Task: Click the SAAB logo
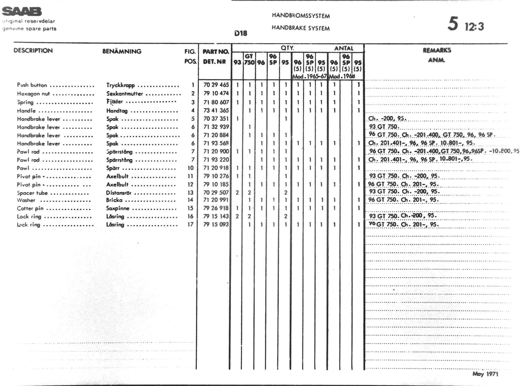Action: coord(22,11)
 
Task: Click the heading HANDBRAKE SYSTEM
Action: coord(300,28)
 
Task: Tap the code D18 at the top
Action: coord(241,33)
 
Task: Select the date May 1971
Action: coord(485,374)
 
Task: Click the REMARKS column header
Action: coord(437,51)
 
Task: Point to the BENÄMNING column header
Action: coord(122,51)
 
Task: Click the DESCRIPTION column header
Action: coord(33,51)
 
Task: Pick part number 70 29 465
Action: coord(216,85)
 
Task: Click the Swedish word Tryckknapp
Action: coord(121,85)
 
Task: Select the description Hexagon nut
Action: coord(33,94)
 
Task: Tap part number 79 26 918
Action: coord(216,208)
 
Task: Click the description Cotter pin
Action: coord(30,208)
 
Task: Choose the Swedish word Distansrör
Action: coord(119,193)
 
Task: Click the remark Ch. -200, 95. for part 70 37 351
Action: coord(387,118)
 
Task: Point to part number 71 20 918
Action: coord(216,168)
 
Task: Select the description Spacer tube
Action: coord(32,193)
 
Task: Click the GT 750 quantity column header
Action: coord(249,59)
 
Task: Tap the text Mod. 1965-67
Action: coord(310,76)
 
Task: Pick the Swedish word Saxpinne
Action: coord(117,208)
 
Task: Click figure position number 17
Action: coord(190,225)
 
